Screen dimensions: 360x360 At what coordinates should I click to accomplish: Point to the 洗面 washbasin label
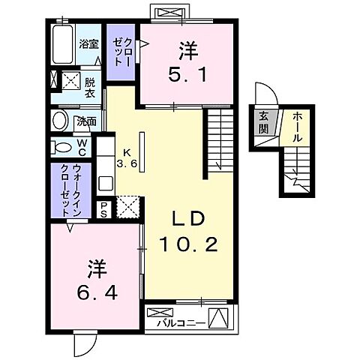(x=87, y=121)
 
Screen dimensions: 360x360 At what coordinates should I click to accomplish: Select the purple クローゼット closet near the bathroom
(x=120, y=52)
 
